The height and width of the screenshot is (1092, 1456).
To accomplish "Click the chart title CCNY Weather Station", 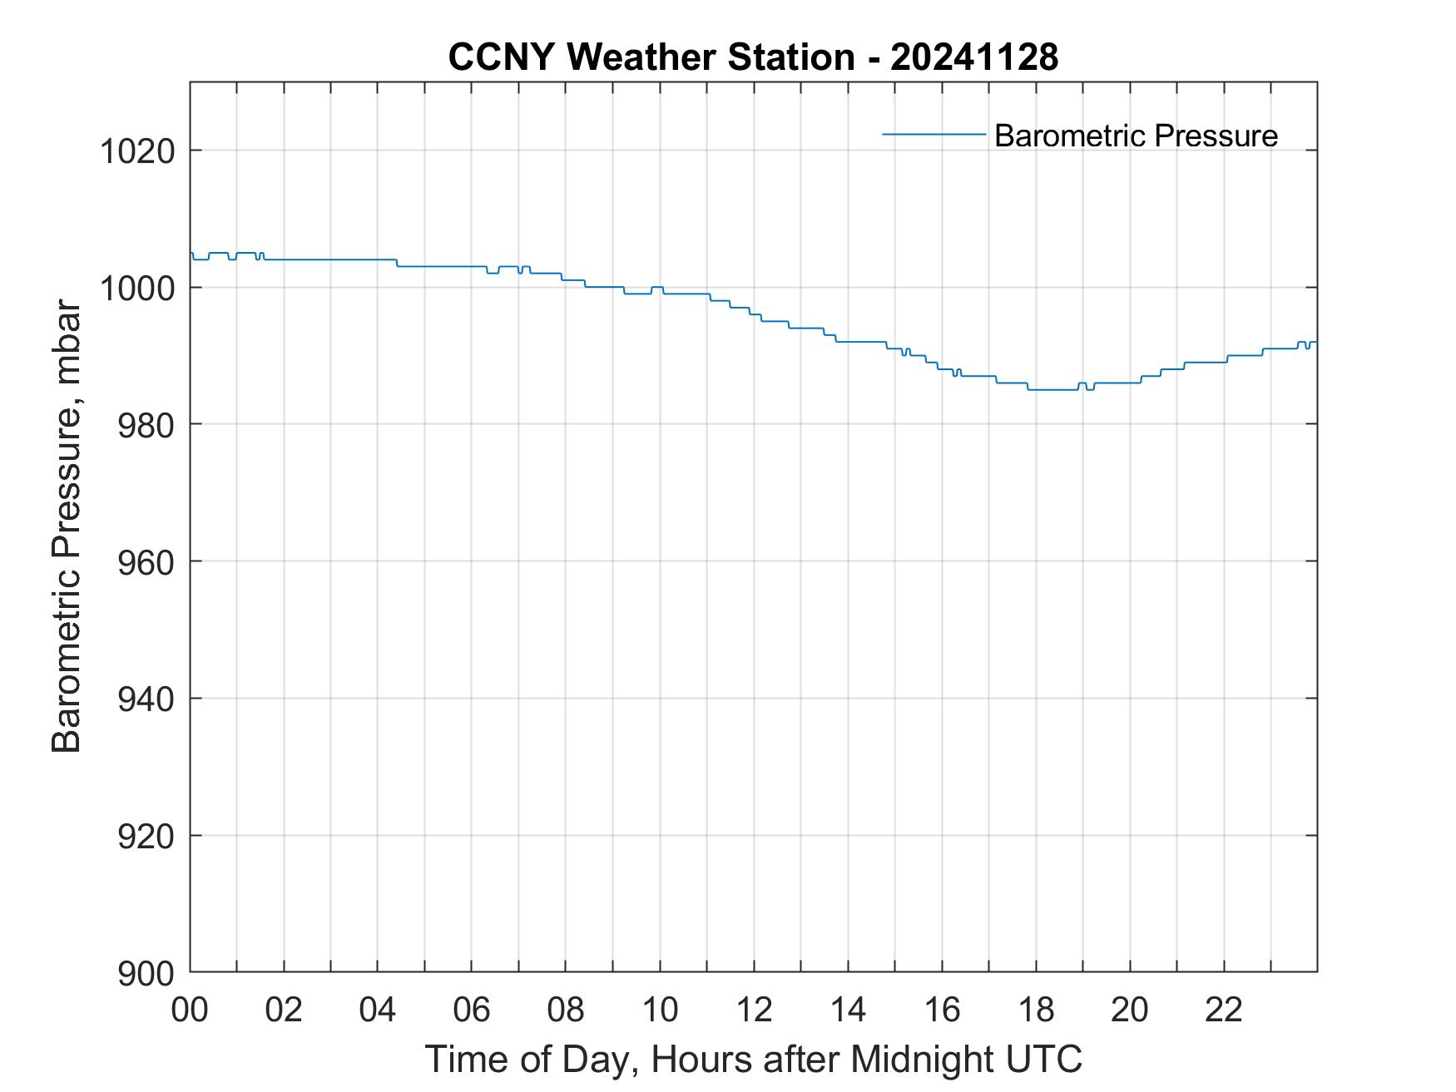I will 651,57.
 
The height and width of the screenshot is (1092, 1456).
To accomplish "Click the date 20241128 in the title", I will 973,57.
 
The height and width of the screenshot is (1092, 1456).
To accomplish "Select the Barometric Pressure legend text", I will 1136,136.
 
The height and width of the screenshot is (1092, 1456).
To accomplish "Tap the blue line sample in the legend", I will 934,134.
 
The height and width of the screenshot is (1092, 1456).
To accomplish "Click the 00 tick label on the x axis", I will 190,1010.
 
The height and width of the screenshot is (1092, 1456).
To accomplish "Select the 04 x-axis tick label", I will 378,1010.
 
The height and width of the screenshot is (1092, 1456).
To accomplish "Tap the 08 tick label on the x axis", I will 566,1010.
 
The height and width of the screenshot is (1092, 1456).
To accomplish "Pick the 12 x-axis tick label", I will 754,1010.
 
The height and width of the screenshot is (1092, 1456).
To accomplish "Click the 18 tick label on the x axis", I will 1036,1010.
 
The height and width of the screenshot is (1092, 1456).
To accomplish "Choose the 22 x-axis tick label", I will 1224,1010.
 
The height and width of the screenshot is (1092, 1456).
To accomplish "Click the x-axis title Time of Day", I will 753,1059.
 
